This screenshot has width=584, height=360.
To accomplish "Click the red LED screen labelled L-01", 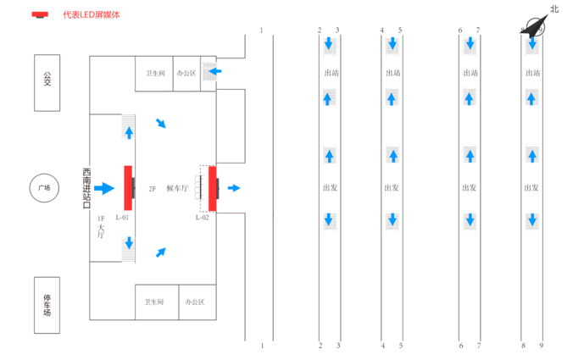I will [x=128, y=187].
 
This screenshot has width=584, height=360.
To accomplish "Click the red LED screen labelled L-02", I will [x=212, y=187].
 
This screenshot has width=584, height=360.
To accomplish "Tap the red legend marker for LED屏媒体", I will [x=40, y=14].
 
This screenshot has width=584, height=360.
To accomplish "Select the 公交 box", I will [x=47, y=82].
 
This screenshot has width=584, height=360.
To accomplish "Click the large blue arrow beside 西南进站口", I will [x=103, y=188].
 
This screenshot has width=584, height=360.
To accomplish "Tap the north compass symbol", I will [x=535, y=25].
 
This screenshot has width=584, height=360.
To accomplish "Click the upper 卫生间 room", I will [x=154, y=73].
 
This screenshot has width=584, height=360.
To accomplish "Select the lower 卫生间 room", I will [x=154, y=302].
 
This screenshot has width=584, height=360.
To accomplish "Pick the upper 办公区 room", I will [x=186, y=73].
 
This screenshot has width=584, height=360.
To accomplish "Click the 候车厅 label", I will [x=176, y=188].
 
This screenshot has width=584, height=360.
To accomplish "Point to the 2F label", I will [x=153, y=188].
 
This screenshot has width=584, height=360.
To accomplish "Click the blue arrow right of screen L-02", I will [x=234, y=188].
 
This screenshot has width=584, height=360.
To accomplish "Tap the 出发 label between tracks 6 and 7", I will [x=470, y=188].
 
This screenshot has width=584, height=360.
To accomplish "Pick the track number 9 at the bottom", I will [x=541, y=346].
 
